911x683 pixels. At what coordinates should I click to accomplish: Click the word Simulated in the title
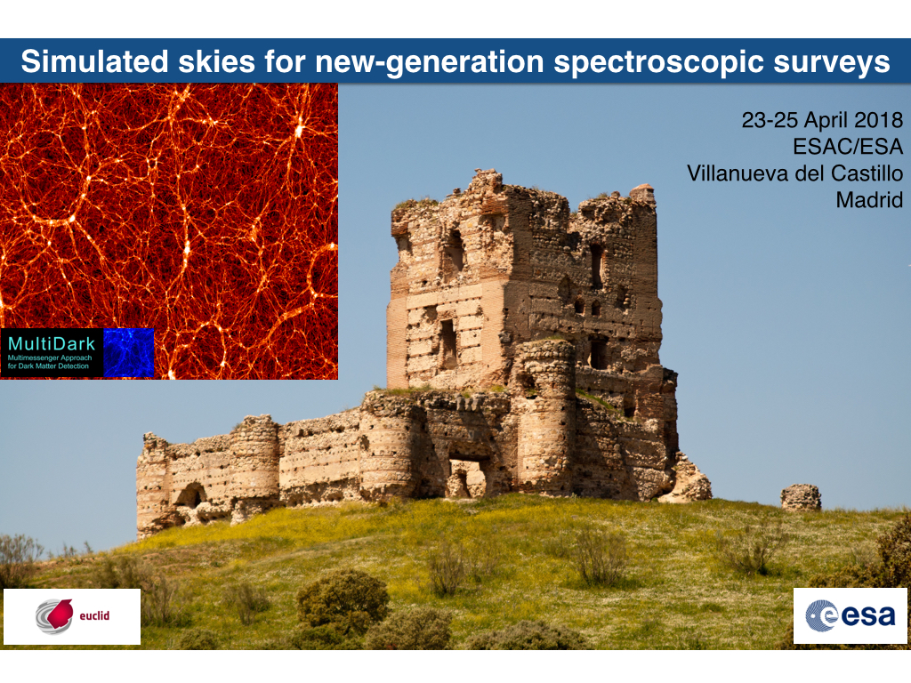pos(94,61)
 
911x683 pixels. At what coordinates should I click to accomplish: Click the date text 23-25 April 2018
pos(822,120)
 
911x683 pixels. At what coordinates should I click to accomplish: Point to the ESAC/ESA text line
pos(848,147)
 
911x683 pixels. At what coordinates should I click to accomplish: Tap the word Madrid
pos(869,200)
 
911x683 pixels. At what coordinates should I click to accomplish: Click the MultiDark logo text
pos(52,344)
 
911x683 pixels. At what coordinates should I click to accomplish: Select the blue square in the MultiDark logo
pos(128,352)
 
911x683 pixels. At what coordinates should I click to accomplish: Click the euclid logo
pos(72,615)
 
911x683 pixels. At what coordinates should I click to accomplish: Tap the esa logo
pos(850,615)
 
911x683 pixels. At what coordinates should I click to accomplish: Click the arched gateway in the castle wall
pos(467,478)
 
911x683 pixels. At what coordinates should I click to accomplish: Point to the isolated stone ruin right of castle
pos(801,497)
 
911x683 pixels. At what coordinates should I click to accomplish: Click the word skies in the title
pos(216,61)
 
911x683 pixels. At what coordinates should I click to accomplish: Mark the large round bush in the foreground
pos(343,599)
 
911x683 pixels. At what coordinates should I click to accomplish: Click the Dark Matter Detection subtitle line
pos(48,366)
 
